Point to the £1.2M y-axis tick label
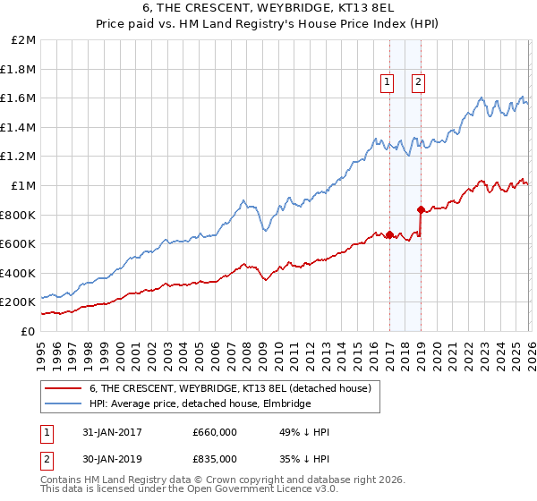[x=19, y=157]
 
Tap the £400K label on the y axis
[x=19, y=273]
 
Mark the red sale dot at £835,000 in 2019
[x=421, y=210]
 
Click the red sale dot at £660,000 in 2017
[x=389, y=235]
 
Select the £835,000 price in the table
[x=214, y=458]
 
